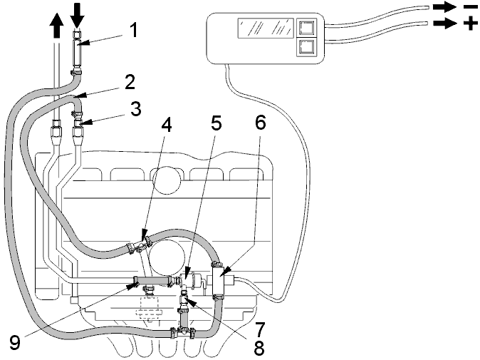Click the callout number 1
(132, 30)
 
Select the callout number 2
(130, 82)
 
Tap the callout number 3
(135, 109)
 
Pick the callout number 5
(216, 123)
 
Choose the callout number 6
(260, 123)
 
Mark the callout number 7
(259, 329)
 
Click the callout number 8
(259, 348)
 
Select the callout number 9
(14, 342)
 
